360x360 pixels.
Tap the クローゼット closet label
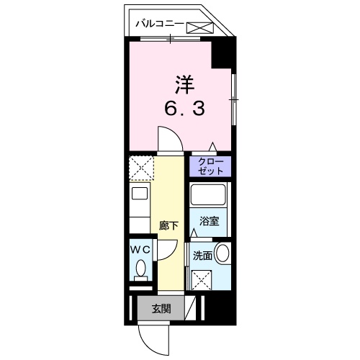point(210,167)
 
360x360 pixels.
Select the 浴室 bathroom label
point(210,221)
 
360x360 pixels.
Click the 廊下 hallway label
point(168,225)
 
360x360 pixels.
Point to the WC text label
point(139,248)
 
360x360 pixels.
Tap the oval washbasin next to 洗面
point(223,254)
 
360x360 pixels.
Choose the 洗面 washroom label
point(202,256)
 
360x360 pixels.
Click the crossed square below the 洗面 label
point(202,278)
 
